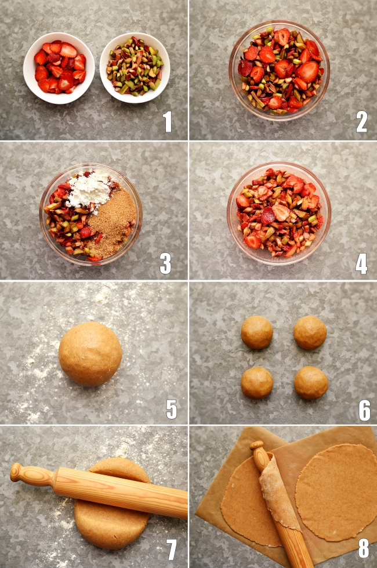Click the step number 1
(x=167, y=121)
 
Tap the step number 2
(x=361, y=121)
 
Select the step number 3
(x=165, y=263)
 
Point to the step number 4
(x=361, y=263)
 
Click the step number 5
(x=171, y=410)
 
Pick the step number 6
(x=364, y=410)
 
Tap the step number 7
(x=171, y=549)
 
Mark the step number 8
(x=363, y=548)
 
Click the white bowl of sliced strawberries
(x=59, y=68)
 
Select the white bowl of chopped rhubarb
(x=135, y=67)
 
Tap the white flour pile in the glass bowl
(x=89, y=190)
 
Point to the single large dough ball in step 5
(x=90, y=353)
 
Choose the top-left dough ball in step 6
(x=257, y=332)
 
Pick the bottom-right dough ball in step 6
(x=311, y=382)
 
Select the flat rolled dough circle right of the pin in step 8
(x=337, y=491)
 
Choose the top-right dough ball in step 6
(x=310, y=332)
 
